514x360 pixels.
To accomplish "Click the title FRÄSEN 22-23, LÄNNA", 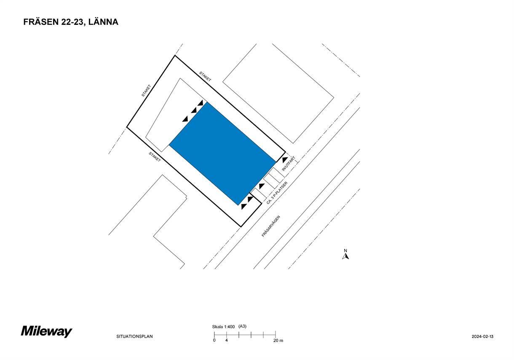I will (71, 22).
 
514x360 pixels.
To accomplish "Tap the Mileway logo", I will (46, 331).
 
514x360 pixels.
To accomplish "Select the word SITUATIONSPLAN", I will (134, 336).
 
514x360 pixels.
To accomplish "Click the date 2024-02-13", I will (482, 336).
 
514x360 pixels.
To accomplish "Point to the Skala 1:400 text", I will (223, 327).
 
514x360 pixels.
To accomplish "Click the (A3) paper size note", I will (242, 326).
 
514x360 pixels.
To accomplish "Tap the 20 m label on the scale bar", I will (278, 340).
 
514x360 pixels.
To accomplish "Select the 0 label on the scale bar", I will (214, 340).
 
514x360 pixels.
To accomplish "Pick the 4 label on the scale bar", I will (226, 340).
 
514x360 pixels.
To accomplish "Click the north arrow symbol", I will (345, 256).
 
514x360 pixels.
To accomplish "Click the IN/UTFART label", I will (289, 164).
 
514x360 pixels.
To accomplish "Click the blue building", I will (222, 153).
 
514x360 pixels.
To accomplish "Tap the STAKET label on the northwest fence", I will (146, 91).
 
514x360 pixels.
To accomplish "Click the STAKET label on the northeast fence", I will (205, 76).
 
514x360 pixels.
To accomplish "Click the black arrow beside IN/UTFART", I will (285, 159).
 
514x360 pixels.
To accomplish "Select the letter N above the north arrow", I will (345, 250).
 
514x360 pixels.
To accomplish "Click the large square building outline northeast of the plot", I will (278, 93).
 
